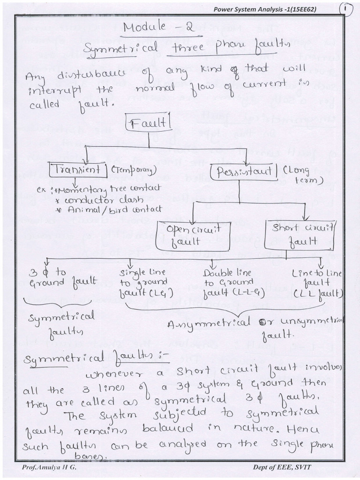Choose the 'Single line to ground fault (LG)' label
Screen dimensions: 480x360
coord(141,283)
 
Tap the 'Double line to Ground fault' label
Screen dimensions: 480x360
coord(227,283)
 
